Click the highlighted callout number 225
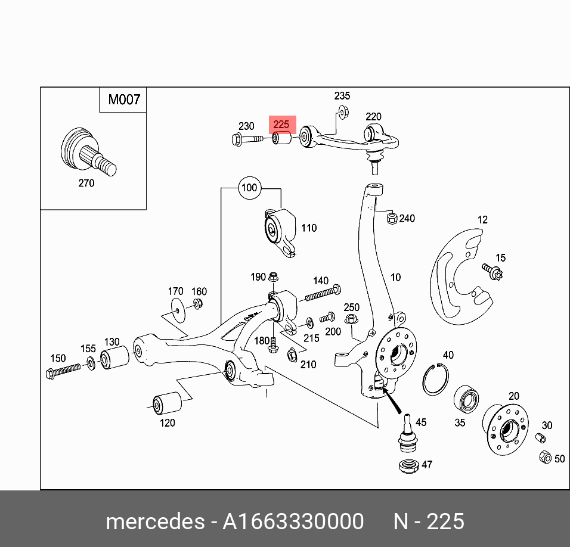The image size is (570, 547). click(x=281, y=125)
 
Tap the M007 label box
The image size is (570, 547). click(x=123, y=100)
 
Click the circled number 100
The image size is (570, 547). click(x=249, y=188)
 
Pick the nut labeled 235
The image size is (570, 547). click(x=343, y=110)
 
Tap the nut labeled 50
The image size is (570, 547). click(x=545, y=458)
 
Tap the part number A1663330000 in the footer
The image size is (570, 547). click(x=293, y=521)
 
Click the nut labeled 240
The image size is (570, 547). click(x=391, y=219)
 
